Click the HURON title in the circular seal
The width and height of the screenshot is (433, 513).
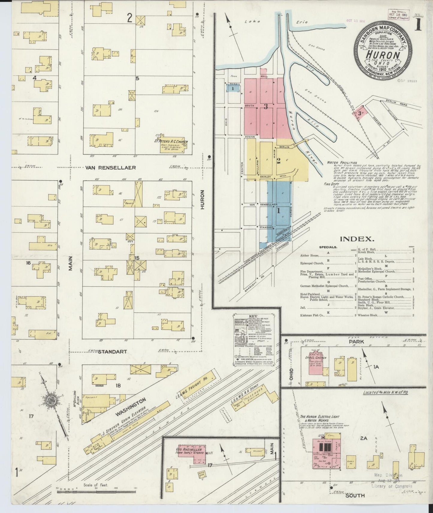pyautogui.click(x=383, y=55)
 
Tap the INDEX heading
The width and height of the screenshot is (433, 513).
pyautogui.click(x=357, y=239)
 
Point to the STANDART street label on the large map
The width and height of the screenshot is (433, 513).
pyautogui.click(x=112, y=351)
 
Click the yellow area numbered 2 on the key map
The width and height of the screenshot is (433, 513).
pyautogui.click(x=278, y=161)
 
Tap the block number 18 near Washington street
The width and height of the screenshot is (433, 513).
pyautogui.click(x=118, y=385)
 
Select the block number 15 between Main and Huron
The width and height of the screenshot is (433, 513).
pyautogui.click(x=137, y=258)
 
